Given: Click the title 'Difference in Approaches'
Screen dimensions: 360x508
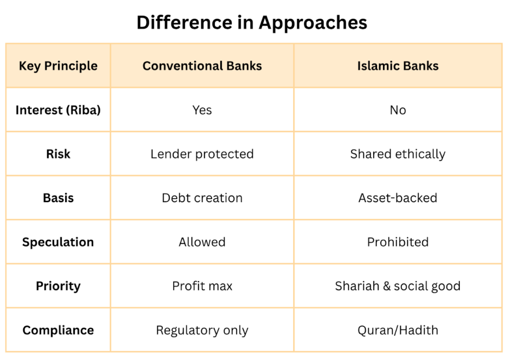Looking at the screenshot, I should click(252, 22).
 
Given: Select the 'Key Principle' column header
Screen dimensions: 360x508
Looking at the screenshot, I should click(58, 66).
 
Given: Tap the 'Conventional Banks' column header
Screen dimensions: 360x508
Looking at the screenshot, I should click(202, 66).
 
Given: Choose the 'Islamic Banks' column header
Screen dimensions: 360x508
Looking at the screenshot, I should click(398, 66).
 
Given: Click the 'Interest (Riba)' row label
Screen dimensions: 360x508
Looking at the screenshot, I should click(58, 110).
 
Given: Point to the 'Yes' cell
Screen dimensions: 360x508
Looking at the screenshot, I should click(202, 110).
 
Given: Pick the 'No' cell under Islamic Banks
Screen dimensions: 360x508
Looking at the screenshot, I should click(398, 110).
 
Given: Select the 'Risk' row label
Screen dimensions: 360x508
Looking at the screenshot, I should click(58, 154).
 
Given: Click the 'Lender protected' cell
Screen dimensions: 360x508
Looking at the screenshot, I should click(202, 154).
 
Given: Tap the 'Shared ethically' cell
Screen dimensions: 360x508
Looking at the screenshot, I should click(398, 154).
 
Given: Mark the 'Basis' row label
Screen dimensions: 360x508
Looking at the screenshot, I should click(58, 198).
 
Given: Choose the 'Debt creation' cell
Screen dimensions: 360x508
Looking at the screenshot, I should click(202, 198).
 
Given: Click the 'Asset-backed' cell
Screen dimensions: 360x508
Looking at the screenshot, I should click(398, 198).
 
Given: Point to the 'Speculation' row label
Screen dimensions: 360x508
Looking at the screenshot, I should click(58, 242).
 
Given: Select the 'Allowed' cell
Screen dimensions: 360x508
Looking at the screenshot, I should click(202, 242).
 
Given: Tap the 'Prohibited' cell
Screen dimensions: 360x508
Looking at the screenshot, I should click(398, 242).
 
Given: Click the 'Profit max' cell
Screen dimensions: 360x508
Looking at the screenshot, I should click(202, 286).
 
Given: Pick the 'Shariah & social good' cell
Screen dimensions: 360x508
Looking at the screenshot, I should click(398, 286).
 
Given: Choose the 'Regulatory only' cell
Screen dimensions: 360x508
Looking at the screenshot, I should click(202, 330).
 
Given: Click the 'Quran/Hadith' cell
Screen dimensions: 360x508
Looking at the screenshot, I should click(398, 330).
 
